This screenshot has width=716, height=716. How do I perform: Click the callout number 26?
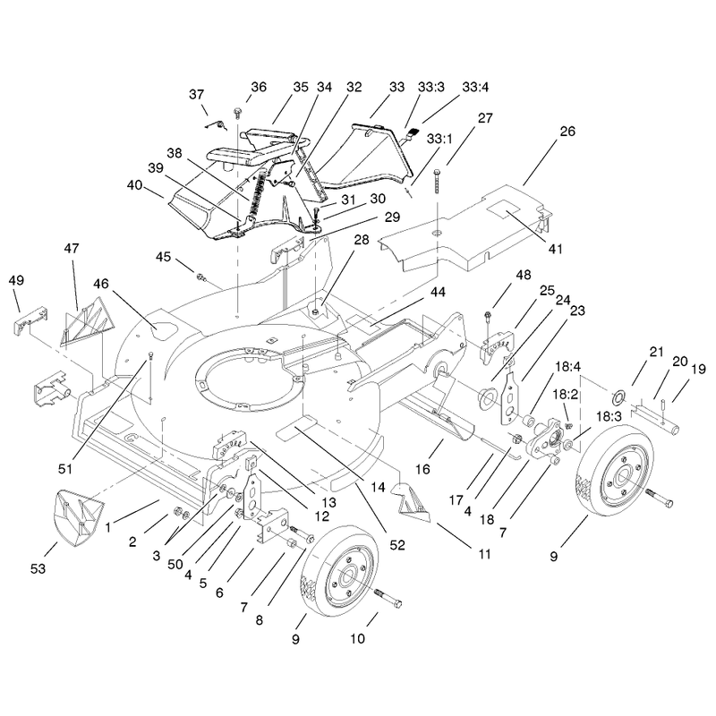point(567,132)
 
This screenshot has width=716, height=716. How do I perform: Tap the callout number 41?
point(555,249)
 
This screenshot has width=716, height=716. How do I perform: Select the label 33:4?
point(475,87)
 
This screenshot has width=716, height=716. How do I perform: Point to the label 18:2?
point(566,394)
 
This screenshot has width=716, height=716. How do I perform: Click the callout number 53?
point(38,568)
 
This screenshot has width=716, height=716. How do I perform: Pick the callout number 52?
point(397,545)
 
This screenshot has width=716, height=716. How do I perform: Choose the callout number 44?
point(438,292)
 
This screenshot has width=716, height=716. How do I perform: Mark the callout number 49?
point(16,280)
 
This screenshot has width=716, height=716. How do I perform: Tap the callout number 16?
point(422,469)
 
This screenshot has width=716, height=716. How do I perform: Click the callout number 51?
point(65,468)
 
